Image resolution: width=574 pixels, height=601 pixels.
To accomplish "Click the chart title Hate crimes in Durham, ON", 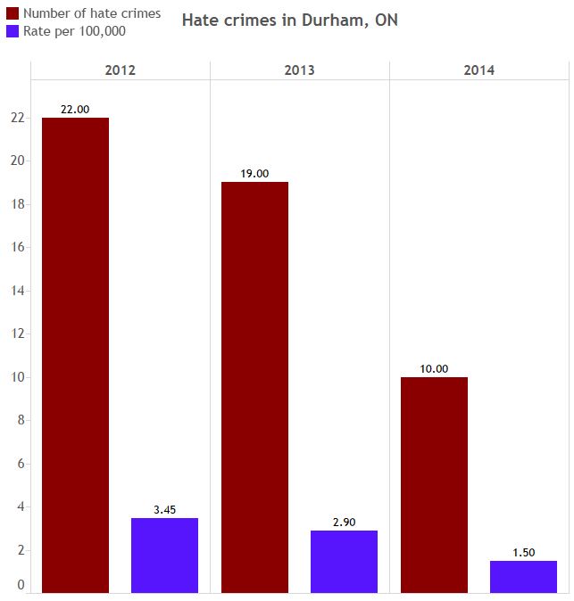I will point(290,20).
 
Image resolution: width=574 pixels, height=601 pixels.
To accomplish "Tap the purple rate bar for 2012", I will point(164,555).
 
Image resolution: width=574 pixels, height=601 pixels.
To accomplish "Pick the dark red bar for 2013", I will point(254,387).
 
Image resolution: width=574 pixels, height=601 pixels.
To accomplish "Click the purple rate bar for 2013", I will point(344,561).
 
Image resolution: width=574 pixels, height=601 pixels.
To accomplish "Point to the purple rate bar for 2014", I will point(523,576).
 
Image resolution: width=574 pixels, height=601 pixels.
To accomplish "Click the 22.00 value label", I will point(75,109).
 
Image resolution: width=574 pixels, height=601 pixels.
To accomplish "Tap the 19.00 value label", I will point(254,174).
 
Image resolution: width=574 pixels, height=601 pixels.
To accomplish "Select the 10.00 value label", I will point(434,368).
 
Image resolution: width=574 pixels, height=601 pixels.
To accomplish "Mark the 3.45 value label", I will point(164,509).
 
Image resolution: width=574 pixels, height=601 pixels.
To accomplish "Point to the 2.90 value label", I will point(344,522).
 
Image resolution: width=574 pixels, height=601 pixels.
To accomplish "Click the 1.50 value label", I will point(523,552).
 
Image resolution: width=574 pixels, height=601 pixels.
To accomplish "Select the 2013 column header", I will point(299,70).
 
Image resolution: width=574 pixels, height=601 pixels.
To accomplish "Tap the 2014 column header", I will point(478,70).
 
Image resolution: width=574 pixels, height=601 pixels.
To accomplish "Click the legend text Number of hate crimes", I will point(92,13).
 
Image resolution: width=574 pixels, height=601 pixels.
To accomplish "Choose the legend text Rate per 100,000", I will point(74,31).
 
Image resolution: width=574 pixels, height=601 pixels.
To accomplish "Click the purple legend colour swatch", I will point(12,31).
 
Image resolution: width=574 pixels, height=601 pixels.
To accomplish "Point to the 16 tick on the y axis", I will point(17,247).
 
